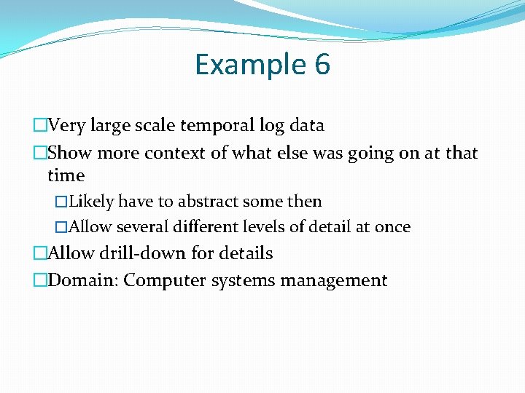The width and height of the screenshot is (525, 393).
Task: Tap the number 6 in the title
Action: [x=322, y=65]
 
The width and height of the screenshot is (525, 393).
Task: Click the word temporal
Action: [x=220, y=125]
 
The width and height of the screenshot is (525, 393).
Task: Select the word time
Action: [x=66, y=175]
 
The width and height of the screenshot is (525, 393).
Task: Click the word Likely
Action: [x=92, y=202]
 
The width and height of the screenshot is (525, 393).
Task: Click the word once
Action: [x=392, y=227]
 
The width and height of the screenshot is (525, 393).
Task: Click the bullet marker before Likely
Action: [x=61, y=202]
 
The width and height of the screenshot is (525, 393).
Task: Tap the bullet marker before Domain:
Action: [x=40, y=280]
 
